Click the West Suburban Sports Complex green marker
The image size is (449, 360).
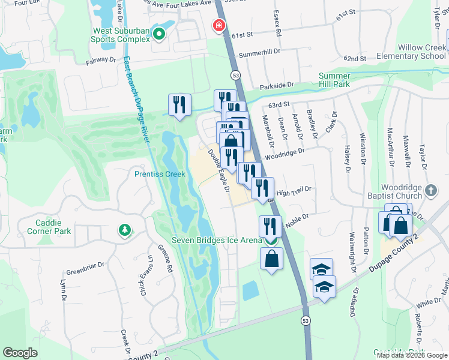[x=158, y=34]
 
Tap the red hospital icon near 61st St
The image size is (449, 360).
[x=218, y=25]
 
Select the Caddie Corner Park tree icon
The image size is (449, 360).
[x=124, y=230]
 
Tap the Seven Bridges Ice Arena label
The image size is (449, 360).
[x=217, y=240]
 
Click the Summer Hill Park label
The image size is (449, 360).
[x=334, y=80]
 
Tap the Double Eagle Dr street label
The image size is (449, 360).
[x=218, y=170]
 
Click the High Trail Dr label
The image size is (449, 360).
[x=294, y=190]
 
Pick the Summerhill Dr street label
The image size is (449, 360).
[x=260, y=53]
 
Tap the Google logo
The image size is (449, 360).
[x=20, y=353]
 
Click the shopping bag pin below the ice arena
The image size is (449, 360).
[x=271, y=259]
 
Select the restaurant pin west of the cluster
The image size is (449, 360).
[x=179, y=105]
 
